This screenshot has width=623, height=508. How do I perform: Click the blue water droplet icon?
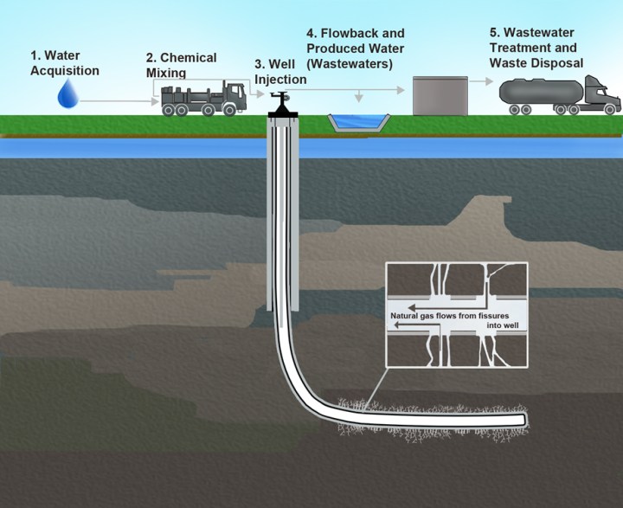tap(67, 93)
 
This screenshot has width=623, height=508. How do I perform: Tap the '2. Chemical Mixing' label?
tap(181, 65)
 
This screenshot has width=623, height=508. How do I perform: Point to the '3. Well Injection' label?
tap(280, 74)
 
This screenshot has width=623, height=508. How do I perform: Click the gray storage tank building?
tap(440, 93)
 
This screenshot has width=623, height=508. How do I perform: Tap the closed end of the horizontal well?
tap(523, 421)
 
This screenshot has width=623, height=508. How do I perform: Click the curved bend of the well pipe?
tap(299, 381)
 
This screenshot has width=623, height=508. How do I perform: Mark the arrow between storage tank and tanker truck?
tap(483, 83)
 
